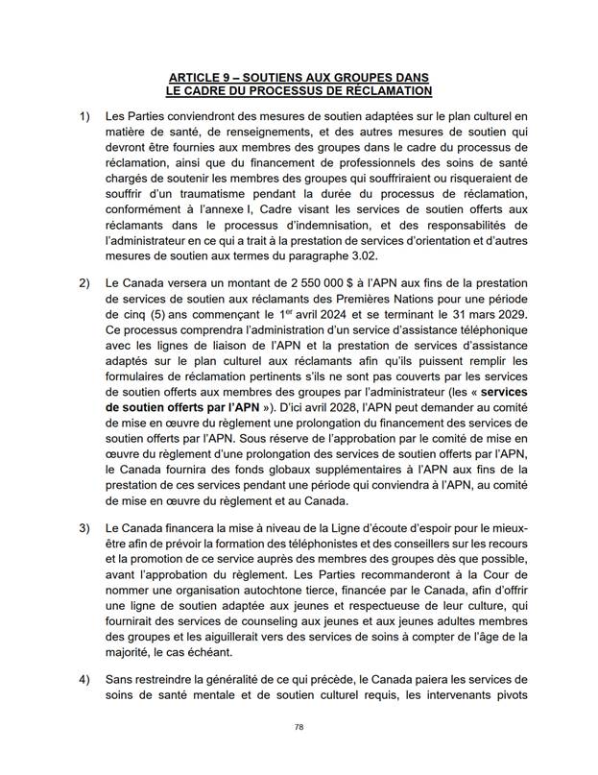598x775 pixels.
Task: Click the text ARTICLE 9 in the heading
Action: coord(203,76)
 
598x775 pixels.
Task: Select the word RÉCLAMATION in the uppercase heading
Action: coord(382,90)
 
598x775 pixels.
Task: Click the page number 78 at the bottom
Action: coord(299,729)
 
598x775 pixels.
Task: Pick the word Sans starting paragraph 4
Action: coord(121,679)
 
